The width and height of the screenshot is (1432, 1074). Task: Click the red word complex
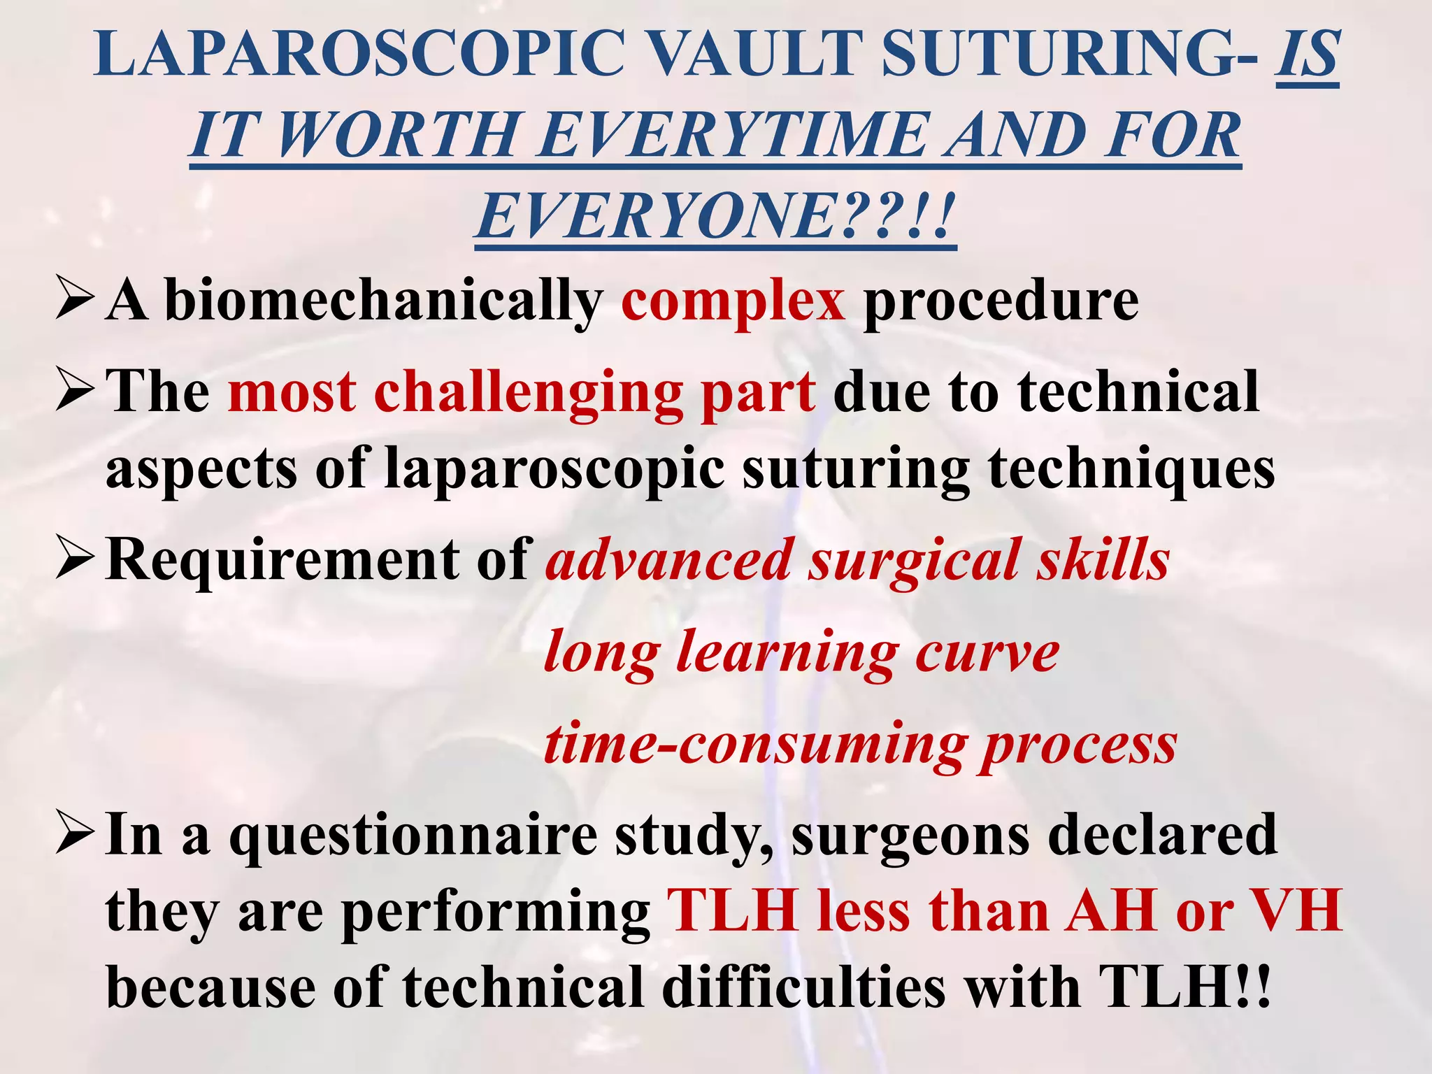733,301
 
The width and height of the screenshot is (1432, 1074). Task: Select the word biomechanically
384,301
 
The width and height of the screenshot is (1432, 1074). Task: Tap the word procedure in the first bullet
1001,301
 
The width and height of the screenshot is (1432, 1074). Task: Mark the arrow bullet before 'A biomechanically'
74,299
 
